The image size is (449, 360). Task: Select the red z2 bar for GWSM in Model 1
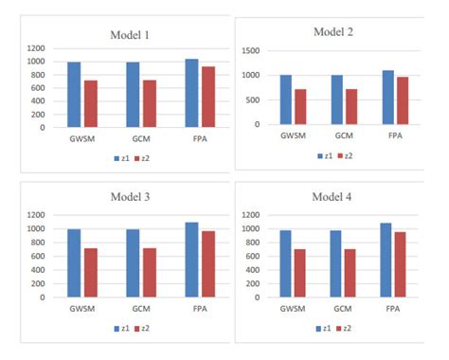coord(91,103)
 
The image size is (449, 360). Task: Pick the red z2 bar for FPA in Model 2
coord(402,100)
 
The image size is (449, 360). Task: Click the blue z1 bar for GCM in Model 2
coord(336,99)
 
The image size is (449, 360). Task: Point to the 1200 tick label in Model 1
coord(36,47)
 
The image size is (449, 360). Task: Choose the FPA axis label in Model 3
coord(200,310)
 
